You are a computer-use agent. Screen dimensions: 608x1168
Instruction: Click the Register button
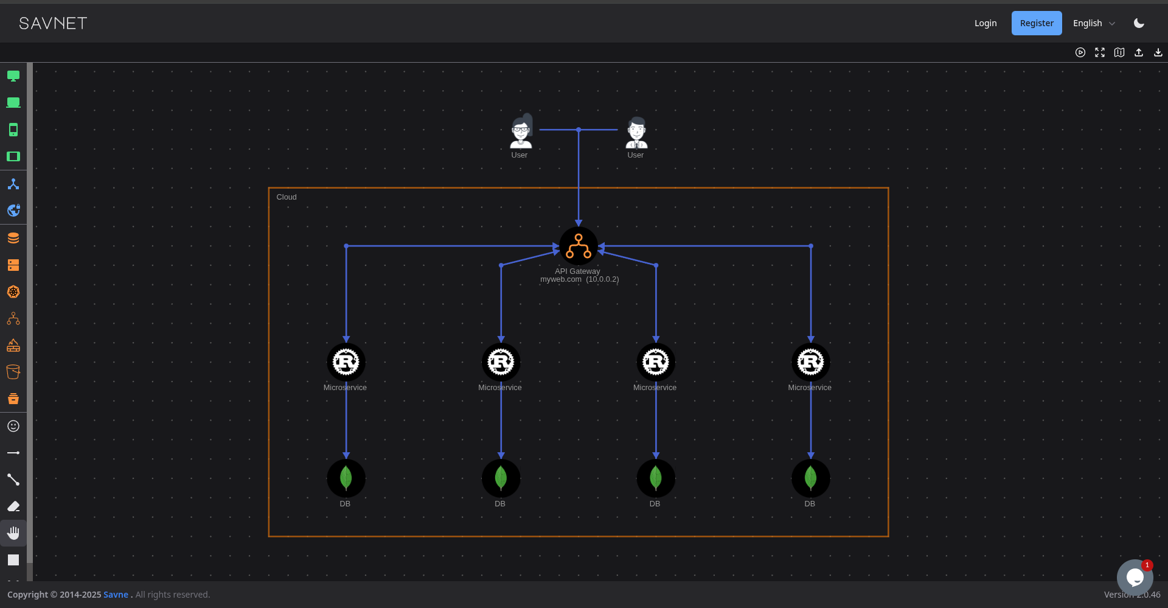(1036, 23)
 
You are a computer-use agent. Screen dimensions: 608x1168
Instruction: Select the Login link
(985, 23)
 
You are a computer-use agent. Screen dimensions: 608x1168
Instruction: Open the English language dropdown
(1093, 23)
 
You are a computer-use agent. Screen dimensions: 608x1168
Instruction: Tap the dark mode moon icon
(1139, 23)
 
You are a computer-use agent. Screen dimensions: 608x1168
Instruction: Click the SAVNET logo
(53, 23)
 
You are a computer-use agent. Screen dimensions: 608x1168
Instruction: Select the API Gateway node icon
(578, 246)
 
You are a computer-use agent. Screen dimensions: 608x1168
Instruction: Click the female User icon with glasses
(521, 131)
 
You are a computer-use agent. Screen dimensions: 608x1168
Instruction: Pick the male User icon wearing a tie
(636, 132)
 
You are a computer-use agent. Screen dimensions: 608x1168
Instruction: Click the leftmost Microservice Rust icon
(346, 362)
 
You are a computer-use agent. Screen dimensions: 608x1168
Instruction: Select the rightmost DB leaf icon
(810, 478)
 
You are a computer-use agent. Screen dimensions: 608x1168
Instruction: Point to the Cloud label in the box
(287, 197)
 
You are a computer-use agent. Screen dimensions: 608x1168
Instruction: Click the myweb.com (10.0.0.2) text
(579, 279)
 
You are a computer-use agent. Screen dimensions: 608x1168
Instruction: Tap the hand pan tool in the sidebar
(13, 533)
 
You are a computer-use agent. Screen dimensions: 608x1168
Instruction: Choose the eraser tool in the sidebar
(13, 506)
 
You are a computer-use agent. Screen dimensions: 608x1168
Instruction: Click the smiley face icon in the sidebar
(13, 426)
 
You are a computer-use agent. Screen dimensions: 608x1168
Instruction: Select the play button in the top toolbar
(1080, 52)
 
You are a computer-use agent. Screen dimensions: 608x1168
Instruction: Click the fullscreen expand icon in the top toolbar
(1099, 52)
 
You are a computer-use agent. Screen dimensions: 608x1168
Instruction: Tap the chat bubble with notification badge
(1134, 577)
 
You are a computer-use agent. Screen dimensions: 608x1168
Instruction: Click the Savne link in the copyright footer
(116, 595)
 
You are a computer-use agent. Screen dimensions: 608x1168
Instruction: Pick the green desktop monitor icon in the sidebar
(13, 76)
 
